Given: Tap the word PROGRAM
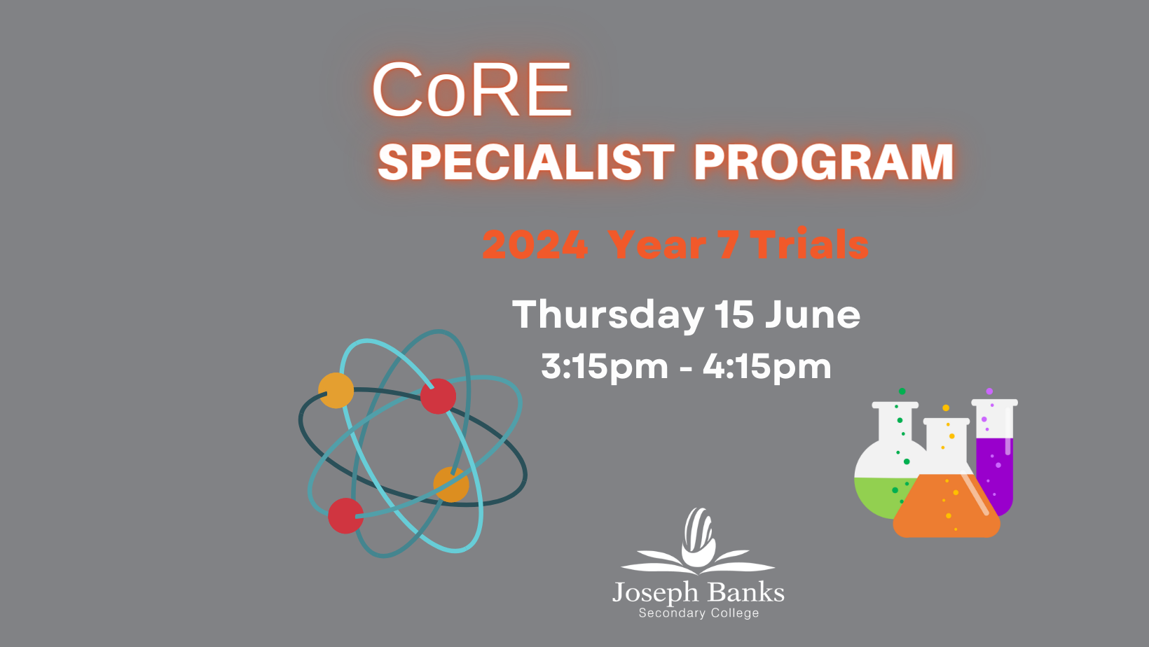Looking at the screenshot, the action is [x=823, y=162].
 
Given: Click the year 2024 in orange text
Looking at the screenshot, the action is [x=535, y=245].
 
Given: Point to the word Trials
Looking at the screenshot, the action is [x=809, y=244].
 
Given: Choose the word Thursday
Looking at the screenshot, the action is [x=608, y=316].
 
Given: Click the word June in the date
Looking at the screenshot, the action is [x=813, y=314].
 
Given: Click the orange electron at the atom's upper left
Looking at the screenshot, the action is [x=336, y=391].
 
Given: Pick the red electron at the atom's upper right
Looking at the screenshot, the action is [x=438, y=396].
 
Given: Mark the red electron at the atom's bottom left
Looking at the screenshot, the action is [x=345, y=516].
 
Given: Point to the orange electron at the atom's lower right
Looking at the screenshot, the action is [x=451, y=485].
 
